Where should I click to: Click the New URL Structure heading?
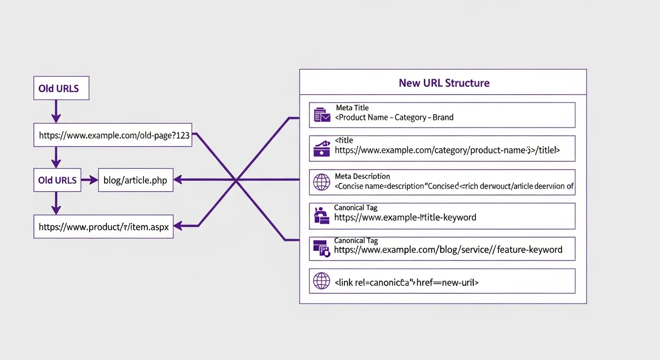point(444,83)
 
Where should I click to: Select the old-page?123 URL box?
point(113,136)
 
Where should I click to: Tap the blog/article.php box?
point(135,180)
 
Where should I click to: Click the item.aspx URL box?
point(104,227)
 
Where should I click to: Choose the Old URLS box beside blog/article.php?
point(58,180)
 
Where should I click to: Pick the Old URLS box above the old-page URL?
point(61,89)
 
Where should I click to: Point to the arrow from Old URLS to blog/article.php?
point(89,180)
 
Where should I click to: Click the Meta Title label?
point(352,108)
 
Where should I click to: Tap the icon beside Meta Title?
point(322,115)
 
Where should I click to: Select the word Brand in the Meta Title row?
point(443,117)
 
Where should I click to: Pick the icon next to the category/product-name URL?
point(322,149)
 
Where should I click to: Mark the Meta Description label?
point(362,176)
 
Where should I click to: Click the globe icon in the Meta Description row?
point(322,182)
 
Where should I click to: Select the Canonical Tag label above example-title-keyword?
point(355,207)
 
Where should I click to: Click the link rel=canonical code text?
point(406,282)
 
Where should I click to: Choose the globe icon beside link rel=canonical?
point(322,281)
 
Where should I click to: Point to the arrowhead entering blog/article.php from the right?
point(178,180)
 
